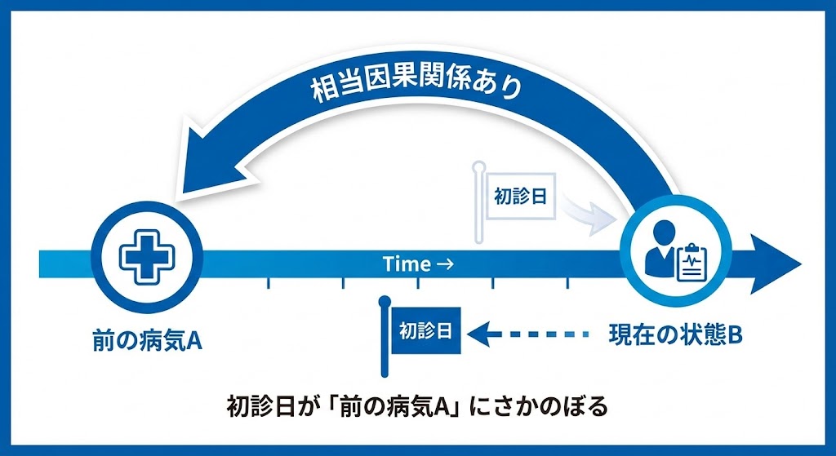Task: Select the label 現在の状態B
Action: pyautogui.click(x=675, y=334)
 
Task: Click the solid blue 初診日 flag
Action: pyautogui.click(x=425, y=331)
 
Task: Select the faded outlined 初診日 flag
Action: pyautogui.click(x=521, y=197)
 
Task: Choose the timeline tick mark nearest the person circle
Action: pyautogui.click(x=568, y=283)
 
